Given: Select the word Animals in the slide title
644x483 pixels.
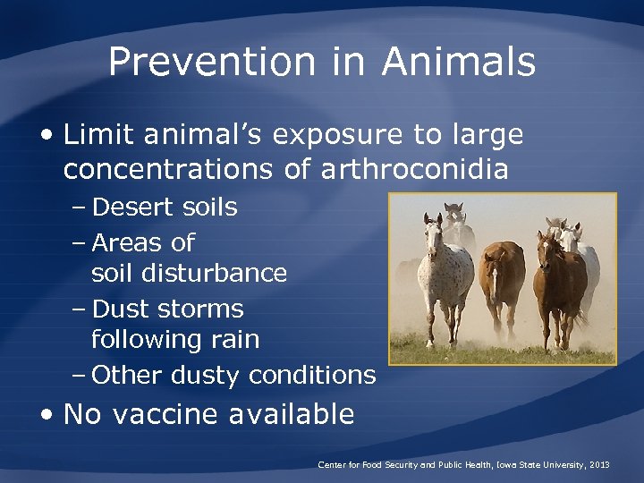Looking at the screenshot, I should [x=458, y=63].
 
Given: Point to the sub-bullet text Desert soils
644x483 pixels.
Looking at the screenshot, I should [x=165, y=208].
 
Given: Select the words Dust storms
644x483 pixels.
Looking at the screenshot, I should [x=167, y=309].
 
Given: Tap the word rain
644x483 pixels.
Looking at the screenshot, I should [x=235, y=340].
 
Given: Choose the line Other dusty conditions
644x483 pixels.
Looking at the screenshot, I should [x=233, y=375].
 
